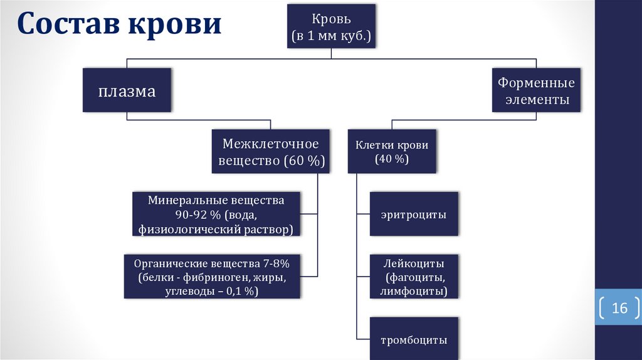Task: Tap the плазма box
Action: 127,91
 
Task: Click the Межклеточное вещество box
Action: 271,152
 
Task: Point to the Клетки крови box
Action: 392,152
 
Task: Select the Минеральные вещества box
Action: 216,214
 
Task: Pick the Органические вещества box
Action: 211,277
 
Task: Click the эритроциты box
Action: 414,214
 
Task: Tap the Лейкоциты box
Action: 414,277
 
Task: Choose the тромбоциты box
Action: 414,341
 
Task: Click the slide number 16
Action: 619,309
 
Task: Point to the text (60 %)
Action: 305,161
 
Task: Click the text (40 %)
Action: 392,159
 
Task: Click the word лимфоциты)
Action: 414,292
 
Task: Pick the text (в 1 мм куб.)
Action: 332,37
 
